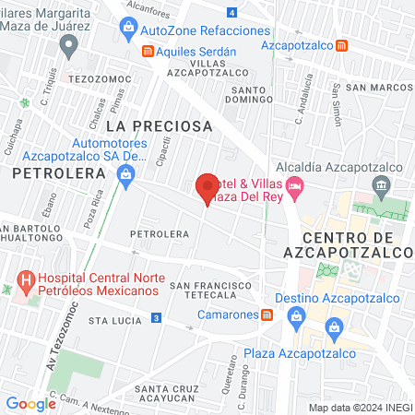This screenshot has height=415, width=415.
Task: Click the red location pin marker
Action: tap(207, 187)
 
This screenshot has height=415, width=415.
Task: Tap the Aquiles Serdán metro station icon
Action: tap(147, 52)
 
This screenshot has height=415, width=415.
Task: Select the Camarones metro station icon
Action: tap(267, 314)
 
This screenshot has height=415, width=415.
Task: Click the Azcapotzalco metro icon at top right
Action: tap(342, 44)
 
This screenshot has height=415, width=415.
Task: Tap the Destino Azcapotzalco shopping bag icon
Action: tap(295, 315)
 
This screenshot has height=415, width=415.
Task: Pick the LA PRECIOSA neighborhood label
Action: tap(159, 125)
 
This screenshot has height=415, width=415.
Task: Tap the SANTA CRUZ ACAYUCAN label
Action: tap(167, 393)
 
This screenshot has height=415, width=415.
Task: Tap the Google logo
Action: tap(30, 403)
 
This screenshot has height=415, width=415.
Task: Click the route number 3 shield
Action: tap(157, 318)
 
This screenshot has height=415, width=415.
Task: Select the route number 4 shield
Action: tap(231, 12)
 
